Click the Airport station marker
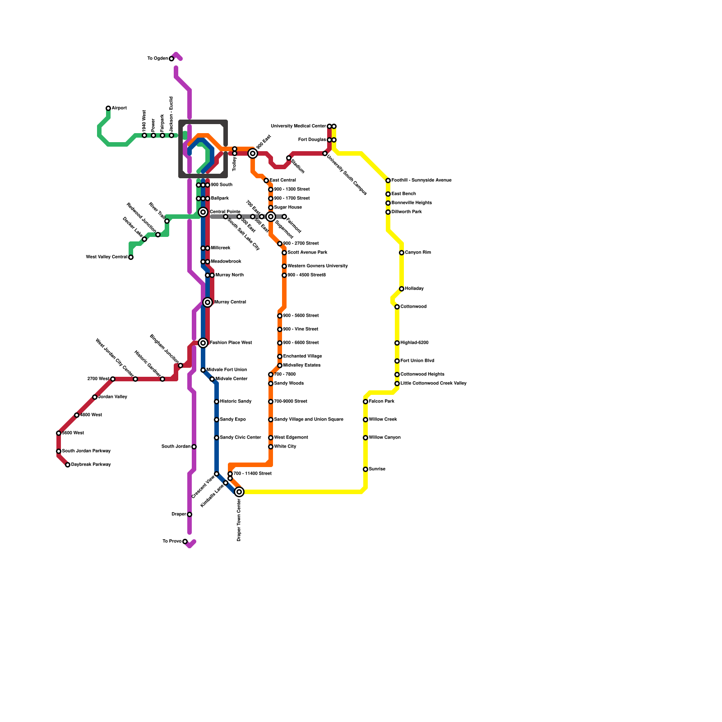click(108, 108)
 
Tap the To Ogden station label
click(157, 59)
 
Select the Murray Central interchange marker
click(208, 302)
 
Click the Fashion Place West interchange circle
click(203, 343)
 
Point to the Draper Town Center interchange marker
click(239, 492)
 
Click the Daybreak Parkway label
click(91, 465)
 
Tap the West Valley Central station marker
click(131, 257)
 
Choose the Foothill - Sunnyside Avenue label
click(421, 180)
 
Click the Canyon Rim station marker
click(402, 253)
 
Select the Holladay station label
click(414, 289)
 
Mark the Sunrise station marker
click(366, 469)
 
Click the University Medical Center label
click(298, 126)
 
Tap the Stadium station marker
click(289, 158)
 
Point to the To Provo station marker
click(185, 541)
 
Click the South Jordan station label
click(176, 447)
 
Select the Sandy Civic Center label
click(241, 438)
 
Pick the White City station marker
click(271, 447)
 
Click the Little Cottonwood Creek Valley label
click(433, 384)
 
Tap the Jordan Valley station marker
click(95, 397)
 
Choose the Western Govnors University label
click(317, 266)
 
